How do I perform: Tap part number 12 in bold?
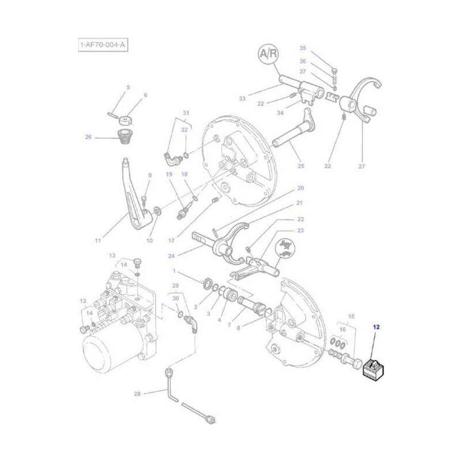[x=376, y=328]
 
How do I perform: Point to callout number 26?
[x=89, y=137]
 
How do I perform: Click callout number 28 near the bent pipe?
[x=137, y=394]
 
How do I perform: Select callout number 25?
[x=300, y=166]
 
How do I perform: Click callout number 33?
[x=242, y=99]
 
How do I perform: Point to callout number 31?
[x=186, y=112]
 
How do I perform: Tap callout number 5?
[x=128, y=87]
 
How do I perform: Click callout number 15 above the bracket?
[x=351, y=316]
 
